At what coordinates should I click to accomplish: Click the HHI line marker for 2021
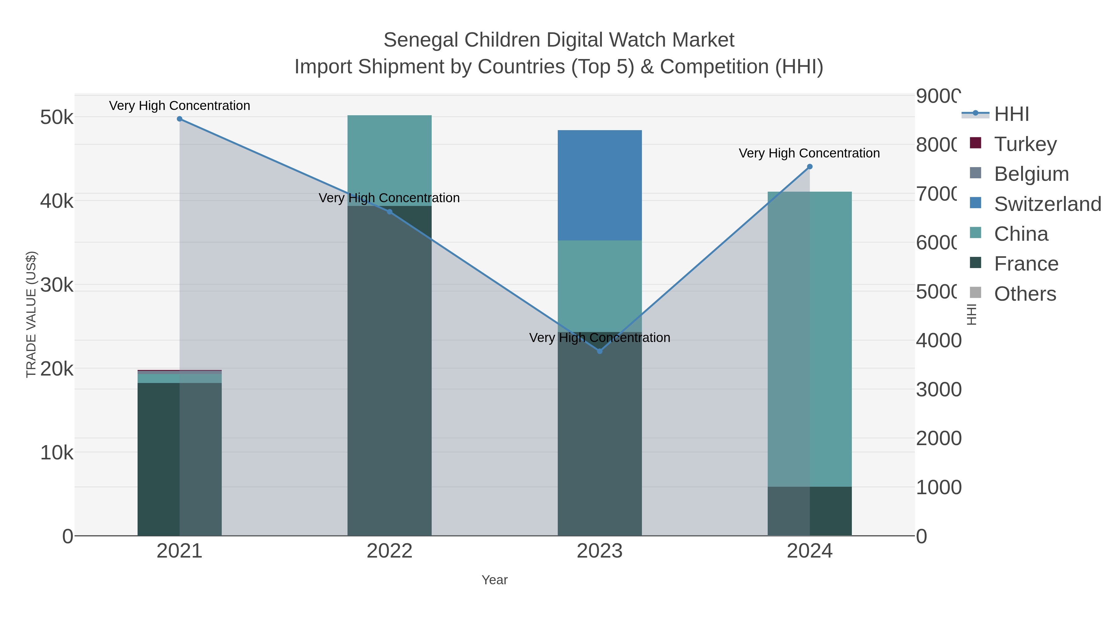pyautogui.click(x=180, y=119)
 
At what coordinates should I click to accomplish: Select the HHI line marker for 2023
pyautogui.click(x=600, y=351)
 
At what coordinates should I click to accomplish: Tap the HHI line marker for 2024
pyautogui.click(x=809, y=167)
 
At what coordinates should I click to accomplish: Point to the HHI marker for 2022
pyautogui.click(x=389, y=212)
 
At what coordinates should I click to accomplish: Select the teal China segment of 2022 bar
pyautogui.click(x=389, y=156)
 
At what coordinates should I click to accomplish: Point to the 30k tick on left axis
pyautogui.click(x=57, y=285)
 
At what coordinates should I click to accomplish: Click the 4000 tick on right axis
pyautogui.click(x=938, y=340)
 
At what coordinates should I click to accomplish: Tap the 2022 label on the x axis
pyautogui.click(x=389, y=551)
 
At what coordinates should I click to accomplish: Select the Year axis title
pyautogui.click(x=494, y=580)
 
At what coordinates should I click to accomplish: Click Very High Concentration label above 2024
pyautogui.click(x=809, y=153)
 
